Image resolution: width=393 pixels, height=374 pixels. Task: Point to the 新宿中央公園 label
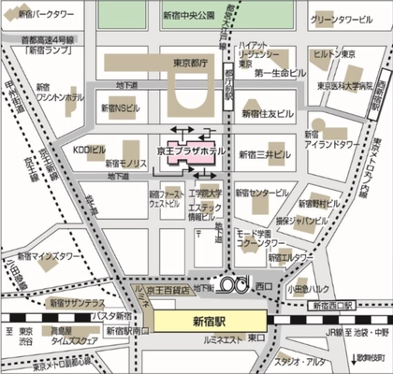click(x=189, y=16)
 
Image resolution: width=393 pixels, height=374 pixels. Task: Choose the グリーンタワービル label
click(x=343, y=19)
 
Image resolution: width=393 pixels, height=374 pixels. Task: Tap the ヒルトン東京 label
click(x=333, y=55)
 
